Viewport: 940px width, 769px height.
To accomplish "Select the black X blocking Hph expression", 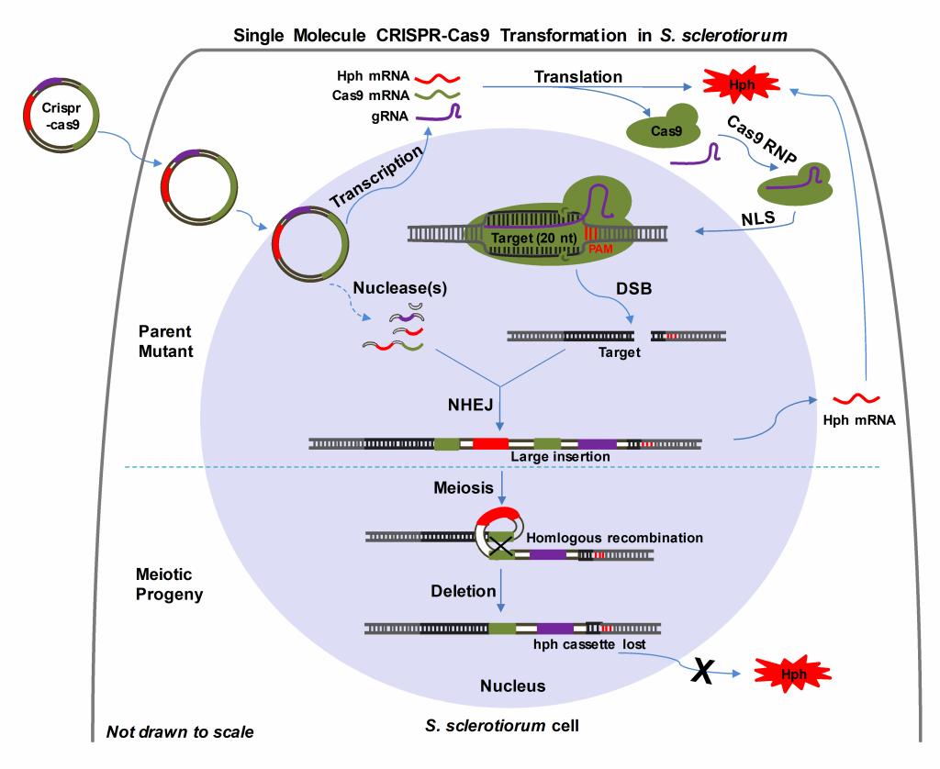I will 701,672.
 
